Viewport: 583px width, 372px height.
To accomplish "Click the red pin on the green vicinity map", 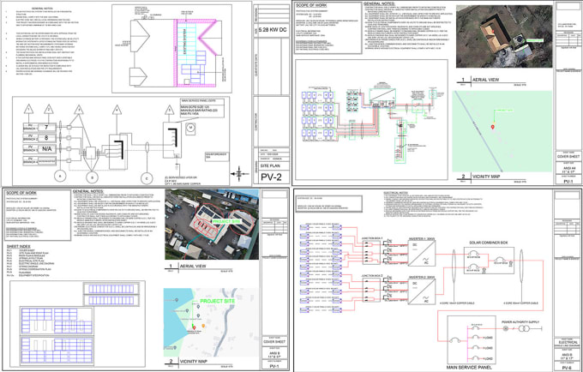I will click(x=493, y=127).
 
